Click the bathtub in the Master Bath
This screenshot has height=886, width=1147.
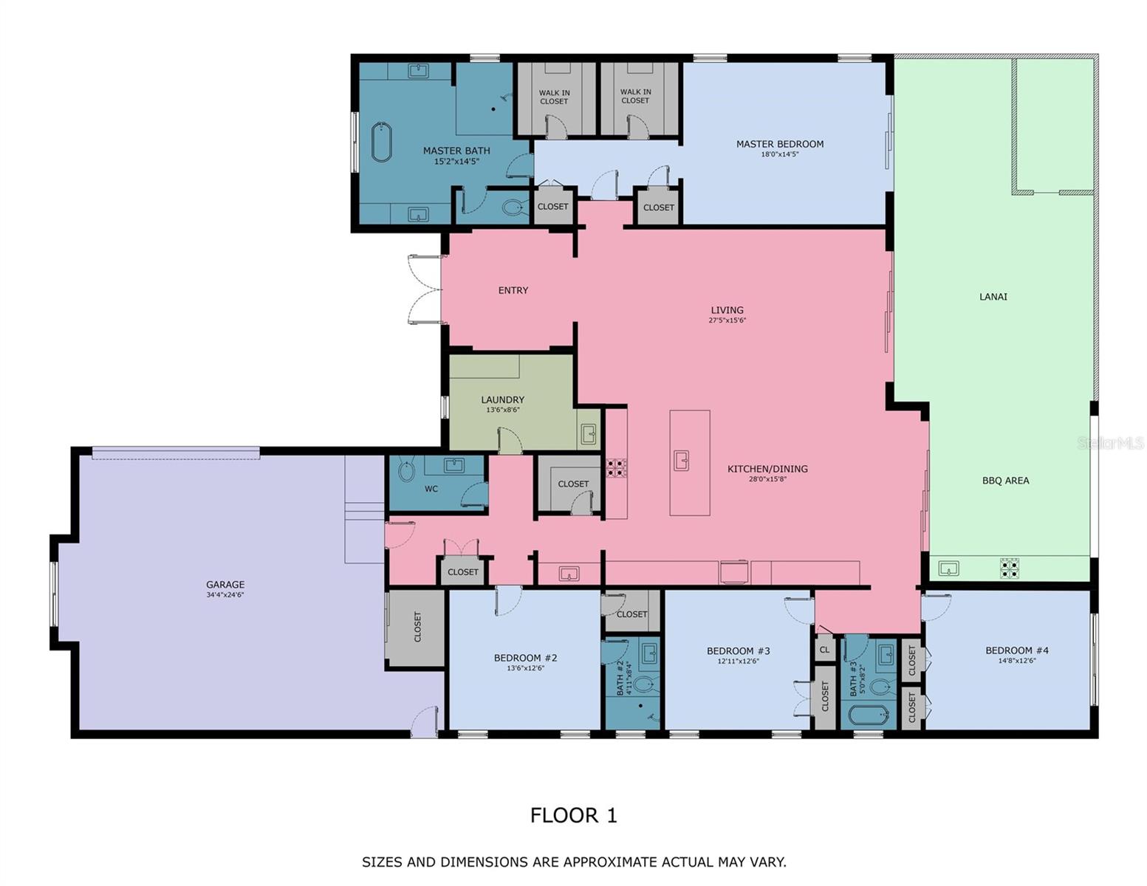(381, 142)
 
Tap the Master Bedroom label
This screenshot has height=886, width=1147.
(779, 144)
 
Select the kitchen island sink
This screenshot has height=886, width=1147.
(681, 461)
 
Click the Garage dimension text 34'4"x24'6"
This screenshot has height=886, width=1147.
(225, 595)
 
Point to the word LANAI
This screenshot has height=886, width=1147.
(993, 297)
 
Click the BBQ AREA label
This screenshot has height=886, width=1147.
(1005, 481)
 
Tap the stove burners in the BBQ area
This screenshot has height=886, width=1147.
(1010, 568)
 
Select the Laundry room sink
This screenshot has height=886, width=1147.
(588, 433)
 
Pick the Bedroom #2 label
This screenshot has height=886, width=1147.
(525, 658)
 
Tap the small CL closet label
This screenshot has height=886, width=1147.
(824, 650)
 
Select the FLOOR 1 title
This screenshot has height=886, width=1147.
(573, 816)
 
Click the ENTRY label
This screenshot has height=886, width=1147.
(513, 291)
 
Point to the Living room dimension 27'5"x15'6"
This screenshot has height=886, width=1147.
(727, 320)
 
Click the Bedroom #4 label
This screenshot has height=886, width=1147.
(1016, 650)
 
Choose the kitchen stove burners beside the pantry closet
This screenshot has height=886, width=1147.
(616, 468)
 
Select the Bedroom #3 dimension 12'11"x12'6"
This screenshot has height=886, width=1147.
(738, 662)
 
